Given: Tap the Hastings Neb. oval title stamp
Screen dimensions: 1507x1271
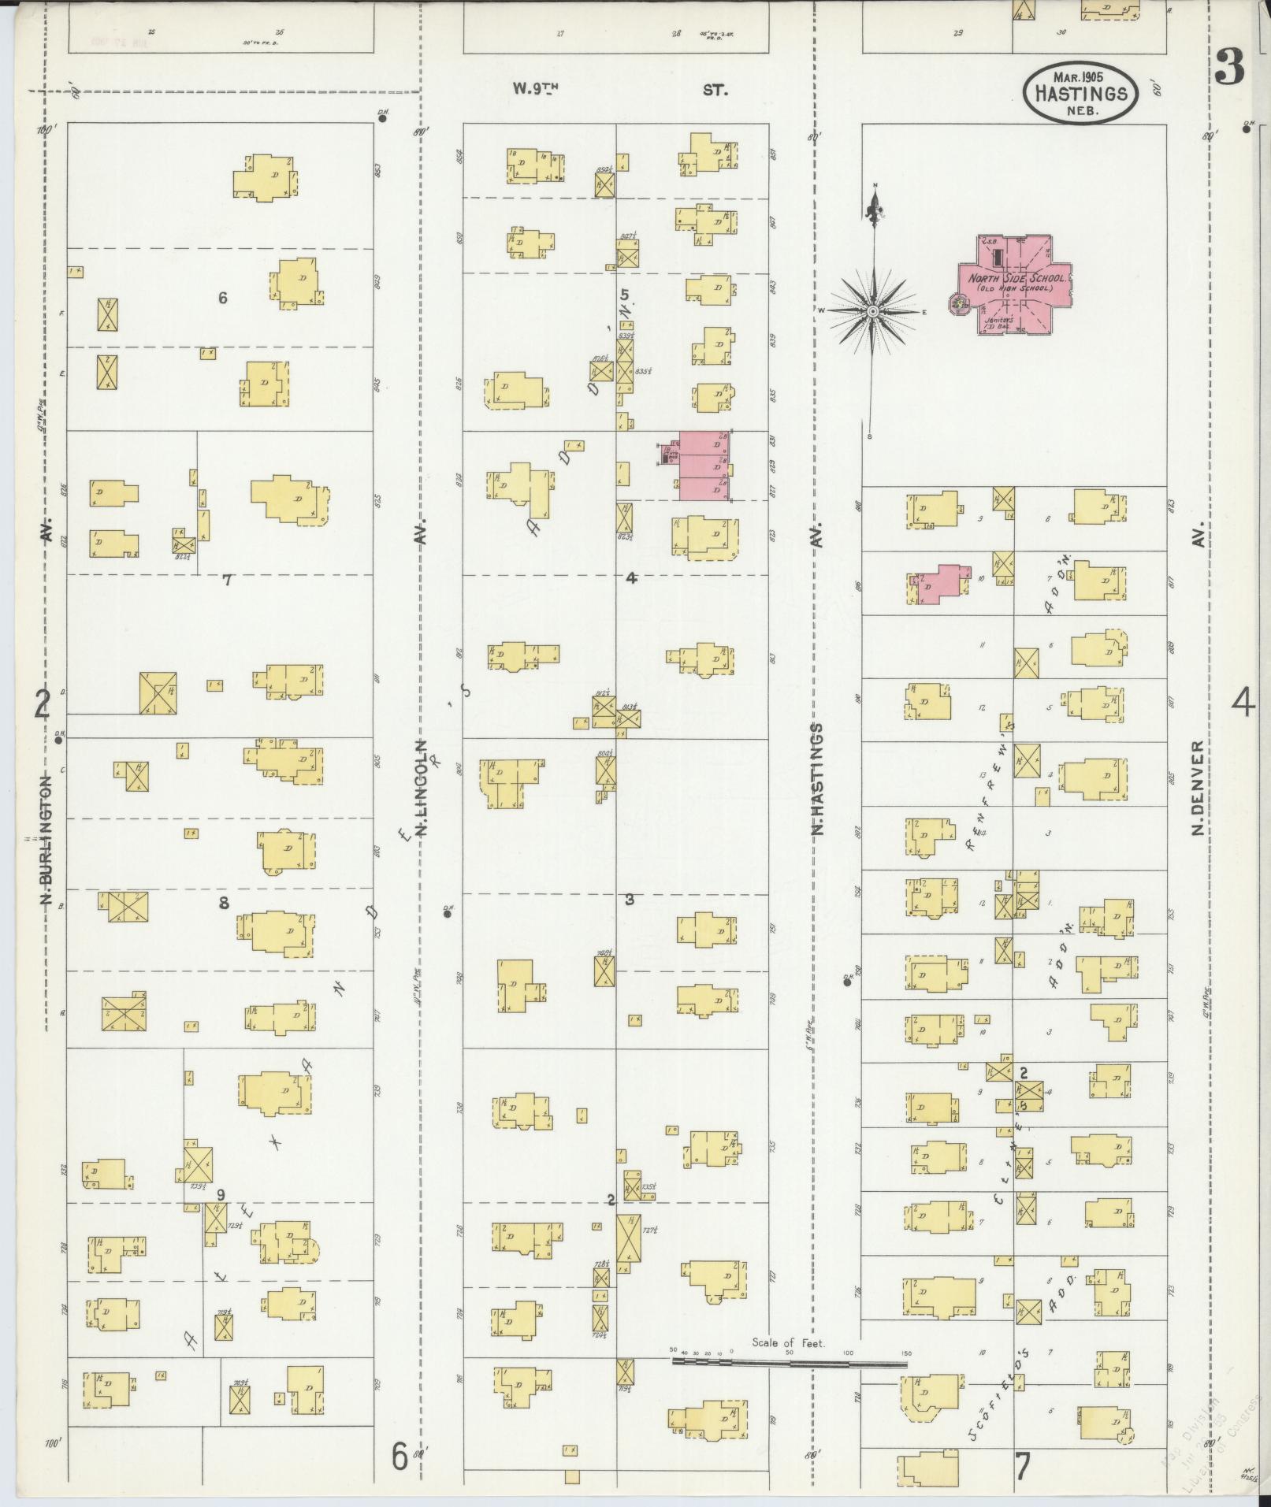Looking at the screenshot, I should (1080, 93).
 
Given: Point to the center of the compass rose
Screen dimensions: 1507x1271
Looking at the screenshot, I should (873, 312).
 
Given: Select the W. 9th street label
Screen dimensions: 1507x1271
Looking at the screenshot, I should (535, 89).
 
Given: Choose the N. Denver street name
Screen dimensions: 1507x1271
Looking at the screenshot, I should (1198, 788).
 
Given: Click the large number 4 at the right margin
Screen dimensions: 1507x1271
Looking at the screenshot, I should (1243, 702).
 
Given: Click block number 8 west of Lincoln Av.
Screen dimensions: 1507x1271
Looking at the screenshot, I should (224, 903).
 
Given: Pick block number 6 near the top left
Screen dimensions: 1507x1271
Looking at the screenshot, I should (223, 298).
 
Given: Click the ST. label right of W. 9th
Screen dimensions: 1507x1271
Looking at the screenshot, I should (715, 91).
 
